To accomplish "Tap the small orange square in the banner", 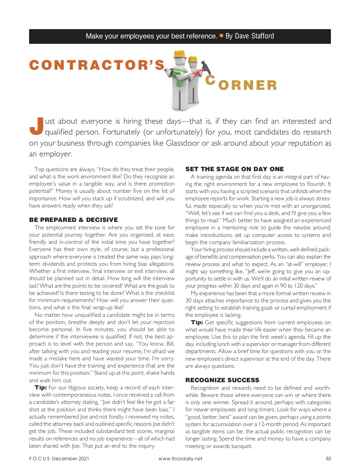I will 221,35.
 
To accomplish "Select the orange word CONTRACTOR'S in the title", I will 97,65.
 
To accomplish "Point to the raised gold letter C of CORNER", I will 211,80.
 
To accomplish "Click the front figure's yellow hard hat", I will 180,53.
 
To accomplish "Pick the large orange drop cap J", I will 36,126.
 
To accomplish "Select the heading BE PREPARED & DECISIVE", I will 73,220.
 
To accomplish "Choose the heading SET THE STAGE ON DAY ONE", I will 234,169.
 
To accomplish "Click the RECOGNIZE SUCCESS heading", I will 222,380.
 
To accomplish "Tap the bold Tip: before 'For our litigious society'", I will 40,388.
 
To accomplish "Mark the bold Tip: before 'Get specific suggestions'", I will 197,322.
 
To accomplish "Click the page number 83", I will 328,458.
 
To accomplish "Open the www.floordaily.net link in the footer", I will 180,458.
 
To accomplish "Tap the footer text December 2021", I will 70,458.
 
